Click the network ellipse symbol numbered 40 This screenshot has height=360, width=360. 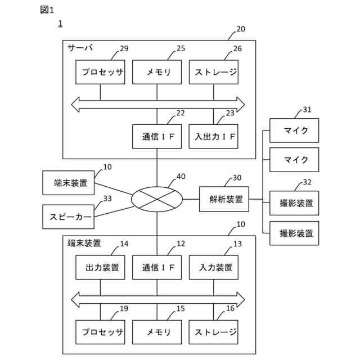coord(157,199)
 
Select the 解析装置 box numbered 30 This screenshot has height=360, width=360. coord(224,199)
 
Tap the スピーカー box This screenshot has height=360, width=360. coord(69,217)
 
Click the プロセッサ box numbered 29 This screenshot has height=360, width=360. coord(100,72)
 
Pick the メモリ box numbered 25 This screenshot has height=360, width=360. coord(157,72)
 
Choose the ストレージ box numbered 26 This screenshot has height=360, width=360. coord(214,72)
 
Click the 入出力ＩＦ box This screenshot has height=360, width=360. coord(214,137)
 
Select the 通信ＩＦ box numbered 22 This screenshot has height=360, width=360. coord(157,137)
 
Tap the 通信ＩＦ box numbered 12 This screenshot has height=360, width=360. coord(157,268)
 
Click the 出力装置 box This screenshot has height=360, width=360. coord(100,268)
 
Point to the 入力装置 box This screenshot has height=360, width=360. coord(214,268)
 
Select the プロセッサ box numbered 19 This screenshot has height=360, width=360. coord(100,332)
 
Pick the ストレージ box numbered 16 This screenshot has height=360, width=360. coord(214,332)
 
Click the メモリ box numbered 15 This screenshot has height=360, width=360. coord(157,332)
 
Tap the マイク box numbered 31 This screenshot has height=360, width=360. coord(294,130)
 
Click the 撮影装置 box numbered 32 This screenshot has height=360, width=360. coord(294,203)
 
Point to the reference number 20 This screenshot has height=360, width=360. coord(241,29)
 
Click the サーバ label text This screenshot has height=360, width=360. coord(80,48)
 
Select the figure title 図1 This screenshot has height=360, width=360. coord(47,10)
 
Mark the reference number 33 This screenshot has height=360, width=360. coord(107,199)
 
